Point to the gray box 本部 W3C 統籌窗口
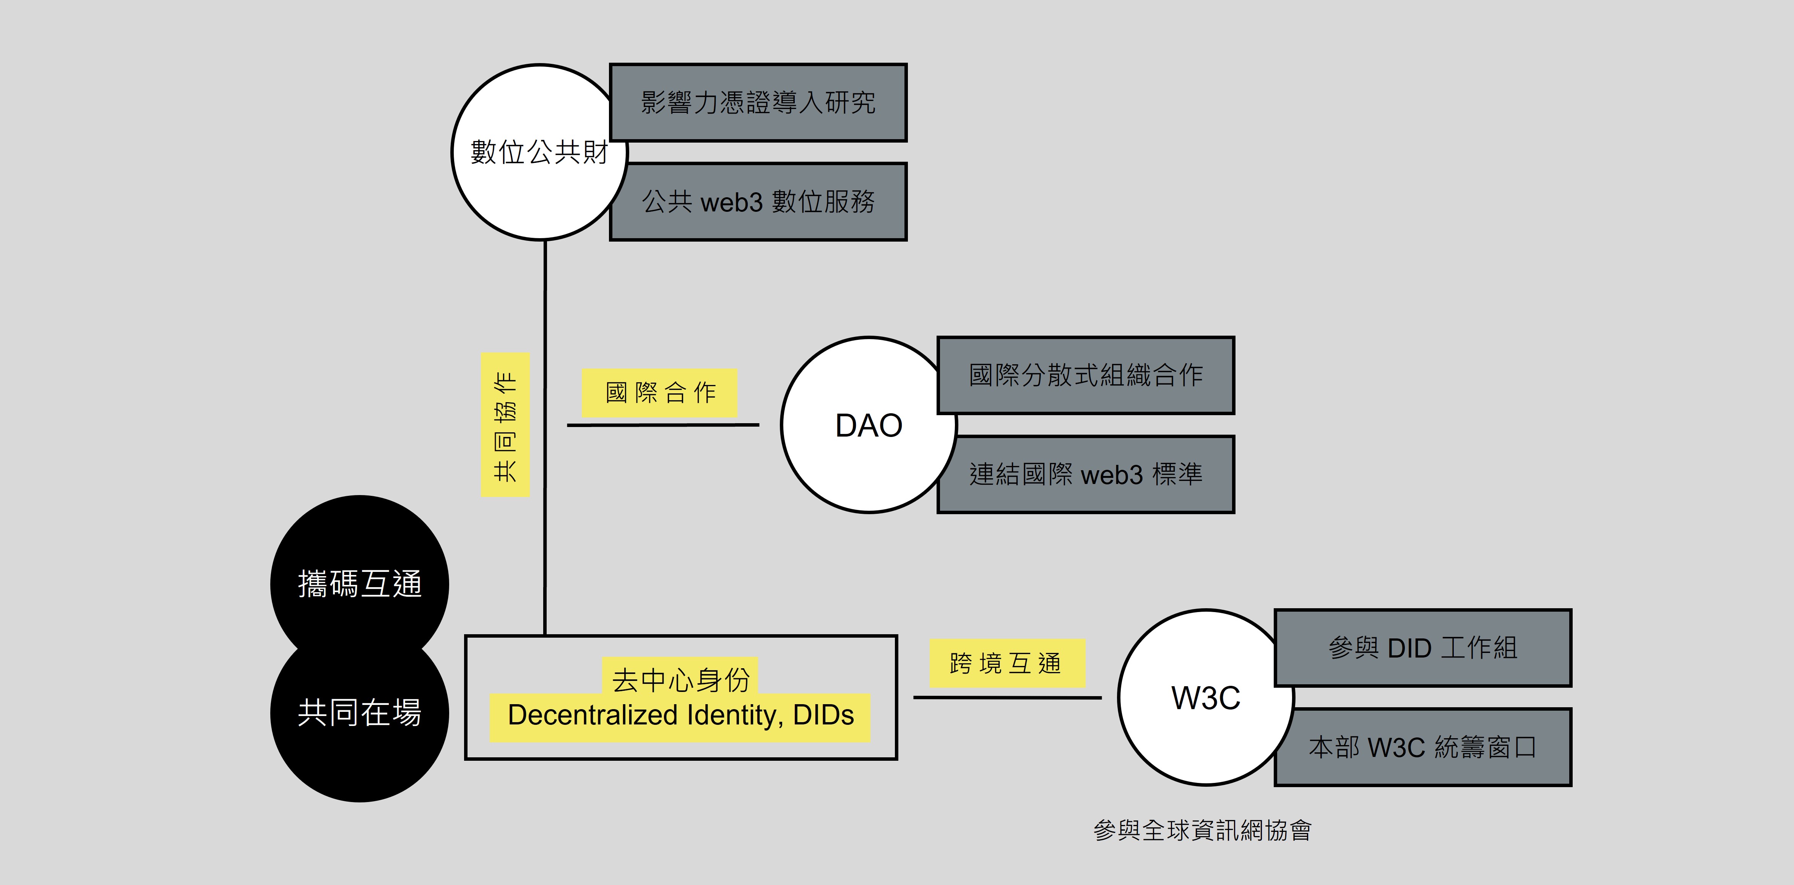1423,747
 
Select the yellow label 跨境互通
1007,663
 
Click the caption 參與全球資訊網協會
1202,830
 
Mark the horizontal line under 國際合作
663,425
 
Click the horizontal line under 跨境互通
1007,697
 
